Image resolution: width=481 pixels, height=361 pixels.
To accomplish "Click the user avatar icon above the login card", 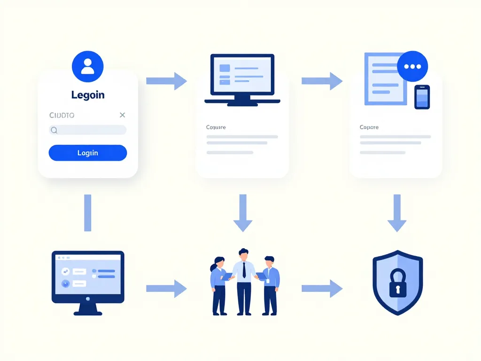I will click(87, 67).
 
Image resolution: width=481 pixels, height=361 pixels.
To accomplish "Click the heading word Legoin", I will click(88, 95).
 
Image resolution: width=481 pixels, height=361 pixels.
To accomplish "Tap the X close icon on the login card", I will click(123, 115).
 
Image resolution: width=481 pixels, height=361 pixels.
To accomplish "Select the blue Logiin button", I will click(88, 153).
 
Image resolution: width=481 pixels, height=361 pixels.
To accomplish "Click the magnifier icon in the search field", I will click(54, 130).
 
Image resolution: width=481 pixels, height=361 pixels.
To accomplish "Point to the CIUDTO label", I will click(62, 115).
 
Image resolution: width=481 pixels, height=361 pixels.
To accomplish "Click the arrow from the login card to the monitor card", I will click(167, 81).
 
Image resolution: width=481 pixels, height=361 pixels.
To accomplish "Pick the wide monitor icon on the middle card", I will click(242, 79).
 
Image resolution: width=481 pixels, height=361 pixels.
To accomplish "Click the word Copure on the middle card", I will click(216, 127).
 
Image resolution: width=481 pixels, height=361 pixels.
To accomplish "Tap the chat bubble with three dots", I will click(412, 66).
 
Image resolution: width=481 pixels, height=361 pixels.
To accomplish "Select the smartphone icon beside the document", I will click(422, 97).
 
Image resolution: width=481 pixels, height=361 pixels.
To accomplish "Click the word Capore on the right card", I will click(369, 127).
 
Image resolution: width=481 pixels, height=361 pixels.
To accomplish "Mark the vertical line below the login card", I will click(87, 212).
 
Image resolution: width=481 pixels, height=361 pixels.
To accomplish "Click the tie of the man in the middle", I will click(244, 270).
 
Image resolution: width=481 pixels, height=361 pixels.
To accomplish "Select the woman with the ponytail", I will click(218, 284).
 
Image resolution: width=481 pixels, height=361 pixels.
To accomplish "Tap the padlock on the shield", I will click(397, 283).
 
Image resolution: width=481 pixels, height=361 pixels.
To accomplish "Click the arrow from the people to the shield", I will click(322, 289).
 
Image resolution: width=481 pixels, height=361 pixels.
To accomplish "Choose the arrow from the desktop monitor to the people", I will click(167, 289).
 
